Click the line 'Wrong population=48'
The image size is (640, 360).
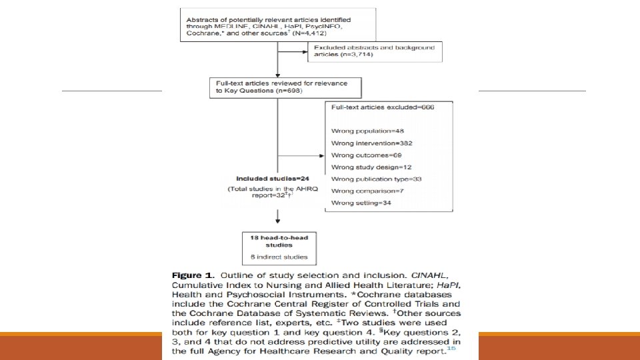(359, 131)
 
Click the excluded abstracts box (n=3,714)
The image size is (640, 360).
(374, 52)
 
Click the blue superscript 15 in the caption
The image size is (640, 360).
(451, 348)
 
